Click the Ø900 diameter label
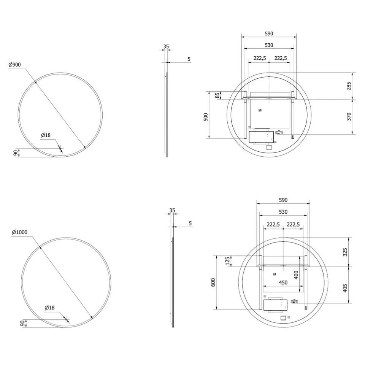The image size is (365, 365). (14, 65)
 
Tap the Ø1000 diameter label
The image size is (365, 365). (19, 232)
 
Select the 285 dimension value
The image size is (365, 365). (349, 86)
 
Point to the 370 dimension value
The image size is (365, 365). (349, 117)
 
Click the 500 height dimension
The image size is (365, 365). (206, 117)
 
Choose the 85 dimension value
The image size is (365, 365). (217, 95)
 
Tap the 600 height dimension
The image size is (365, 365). (213, 282)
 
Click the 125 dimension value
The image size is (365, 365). (228, 261)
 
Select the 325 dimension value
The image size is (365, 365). (345, 252)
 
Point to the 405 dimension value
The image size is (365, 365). (345, 288)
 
